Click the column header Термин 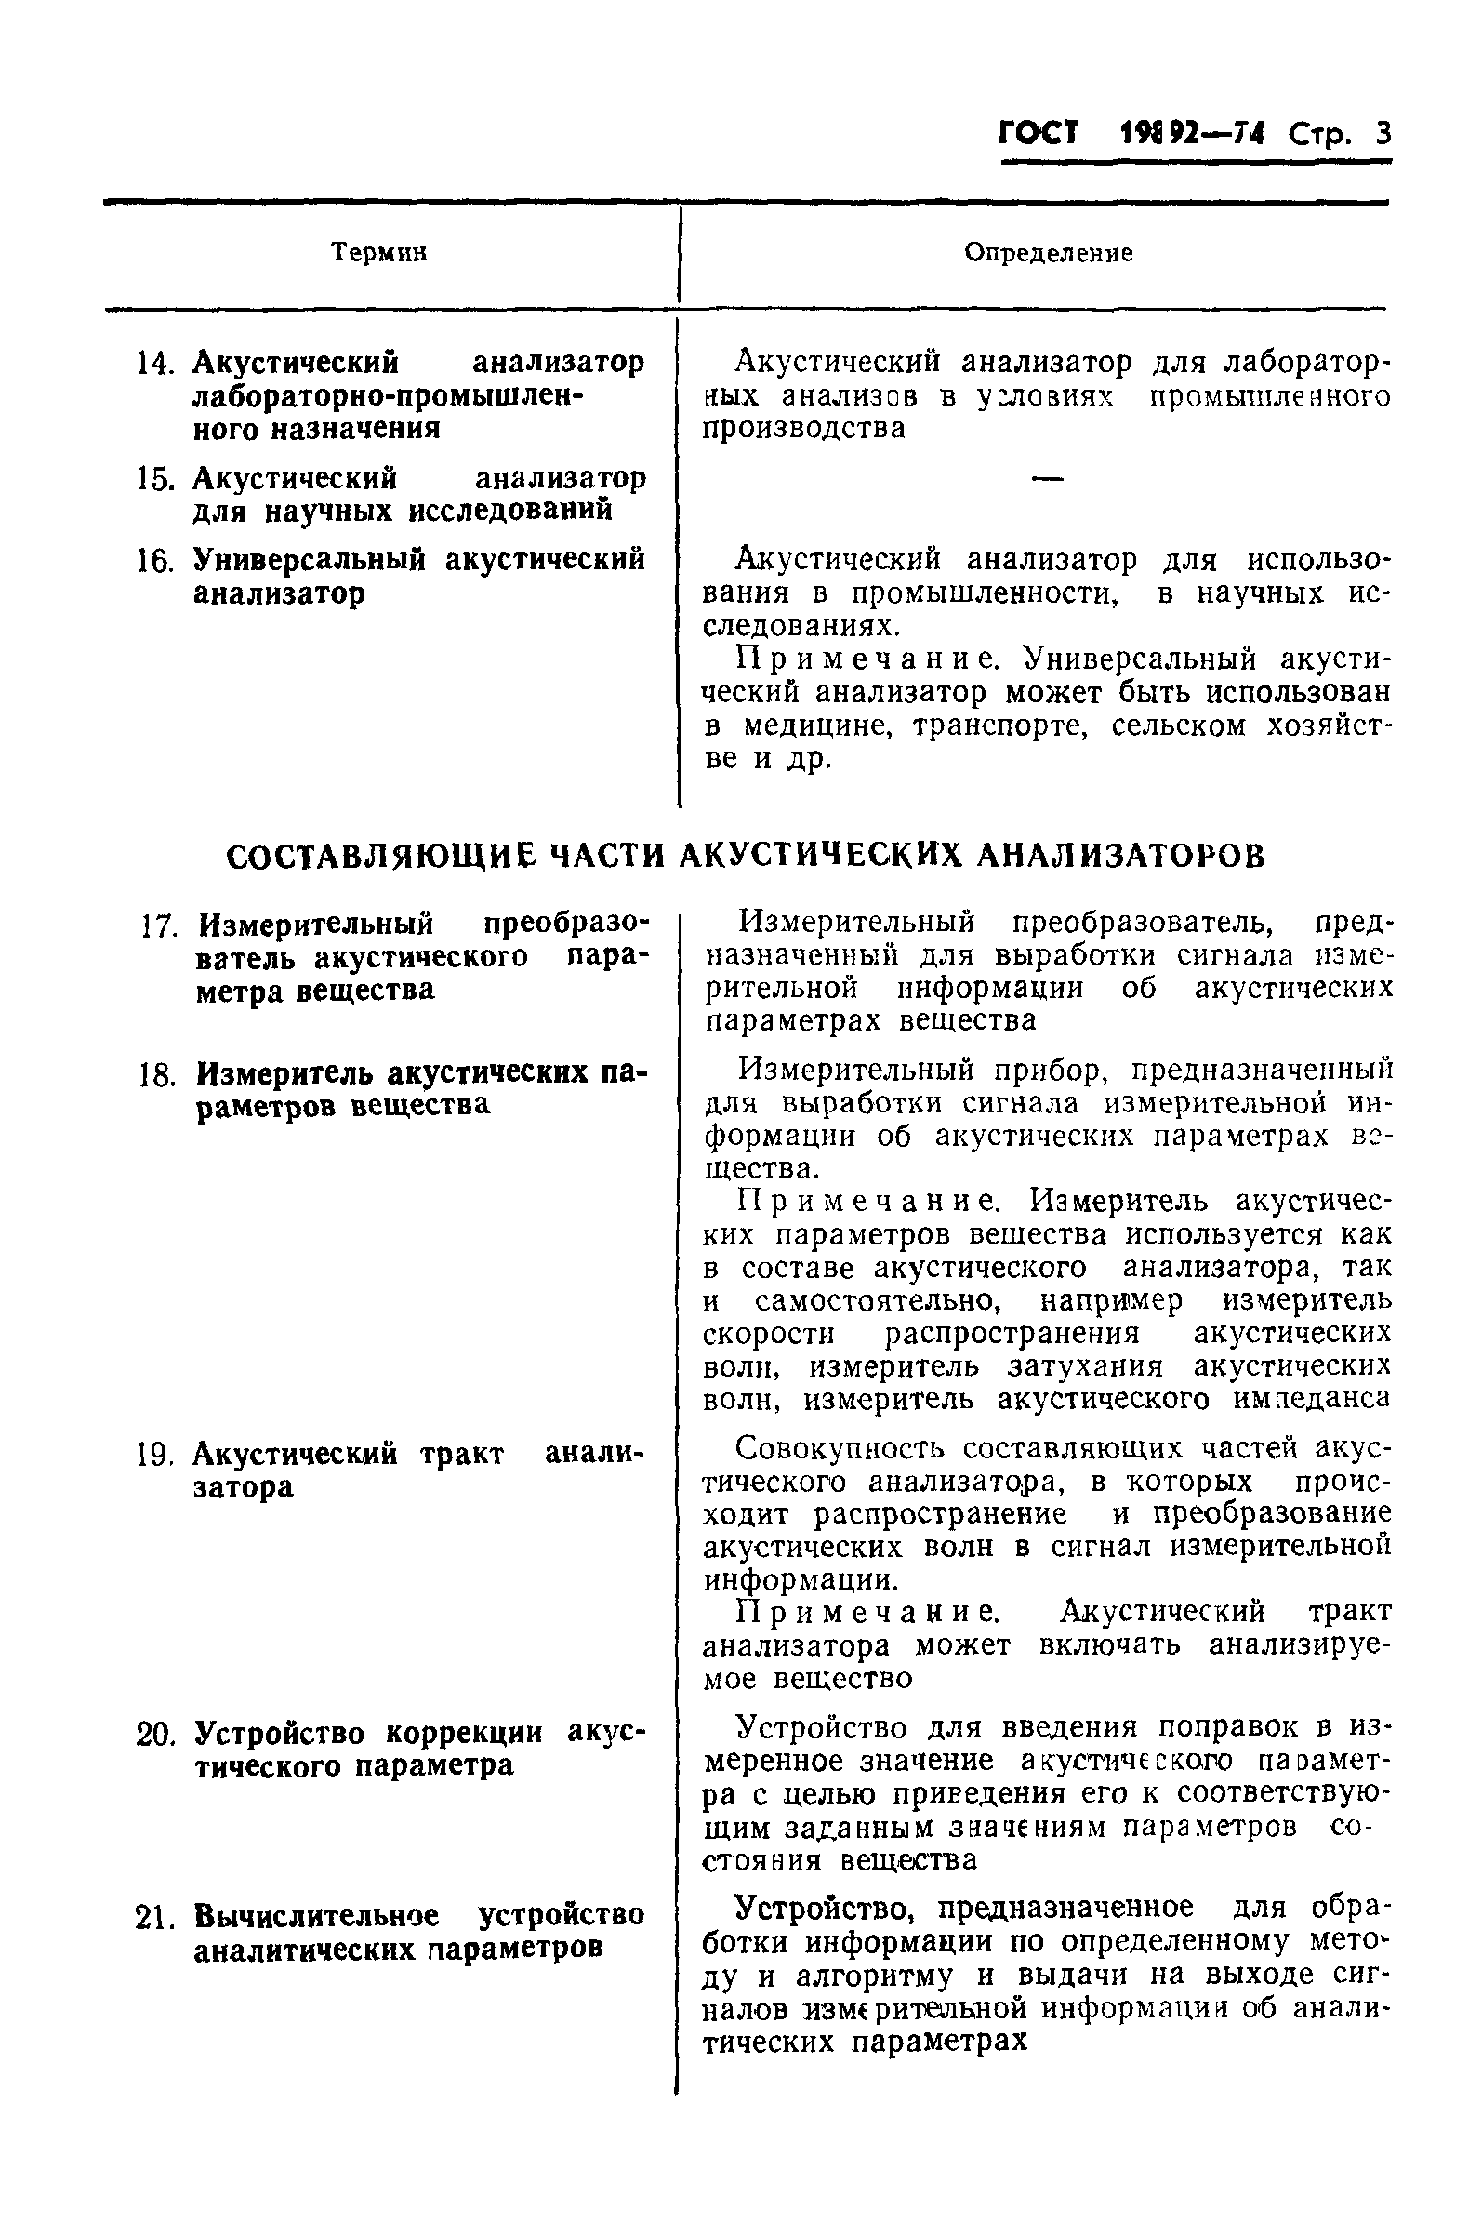(x=379, y=252)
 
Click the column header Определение (x=1047, y=252)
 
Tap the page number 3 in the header (x=1383, y=134)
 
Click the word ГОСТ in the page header (x=1039, y=133)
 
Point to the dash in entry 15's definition (x=1047, y=480)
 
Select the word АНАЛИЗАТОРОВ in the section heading (x=1119, y=856)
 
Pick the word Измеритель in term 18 (x=286, y=1075)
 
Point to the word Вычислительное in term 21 (x=316, y=1916)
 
